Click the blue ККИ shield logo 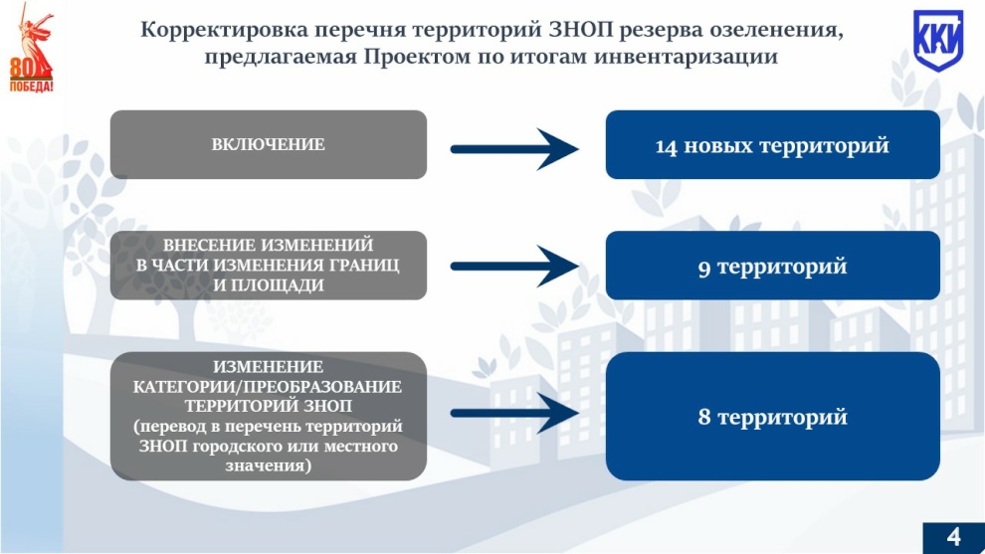pos(938,40)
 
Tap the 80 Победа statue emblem pos(31,48)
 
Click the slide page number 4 pos(953,537)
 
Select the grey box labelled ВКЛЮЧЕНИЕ pos(269,144)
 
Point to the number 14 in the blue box pos(666,146)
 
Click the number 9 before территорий pos(704,269)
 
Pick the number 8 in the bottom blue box pos(704,417)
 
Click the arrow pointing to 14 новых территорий pos(514,149)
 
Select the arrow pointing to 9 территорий pos(514,267)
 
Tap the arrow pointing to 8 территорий pos(514,413)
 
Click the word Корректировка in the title pos(224,30)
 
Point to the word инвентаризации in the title pos(686,57)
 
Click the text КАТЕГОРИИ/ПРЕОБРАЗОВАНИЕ pos(267,386)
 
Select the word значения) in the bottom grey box pos(269,466)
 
